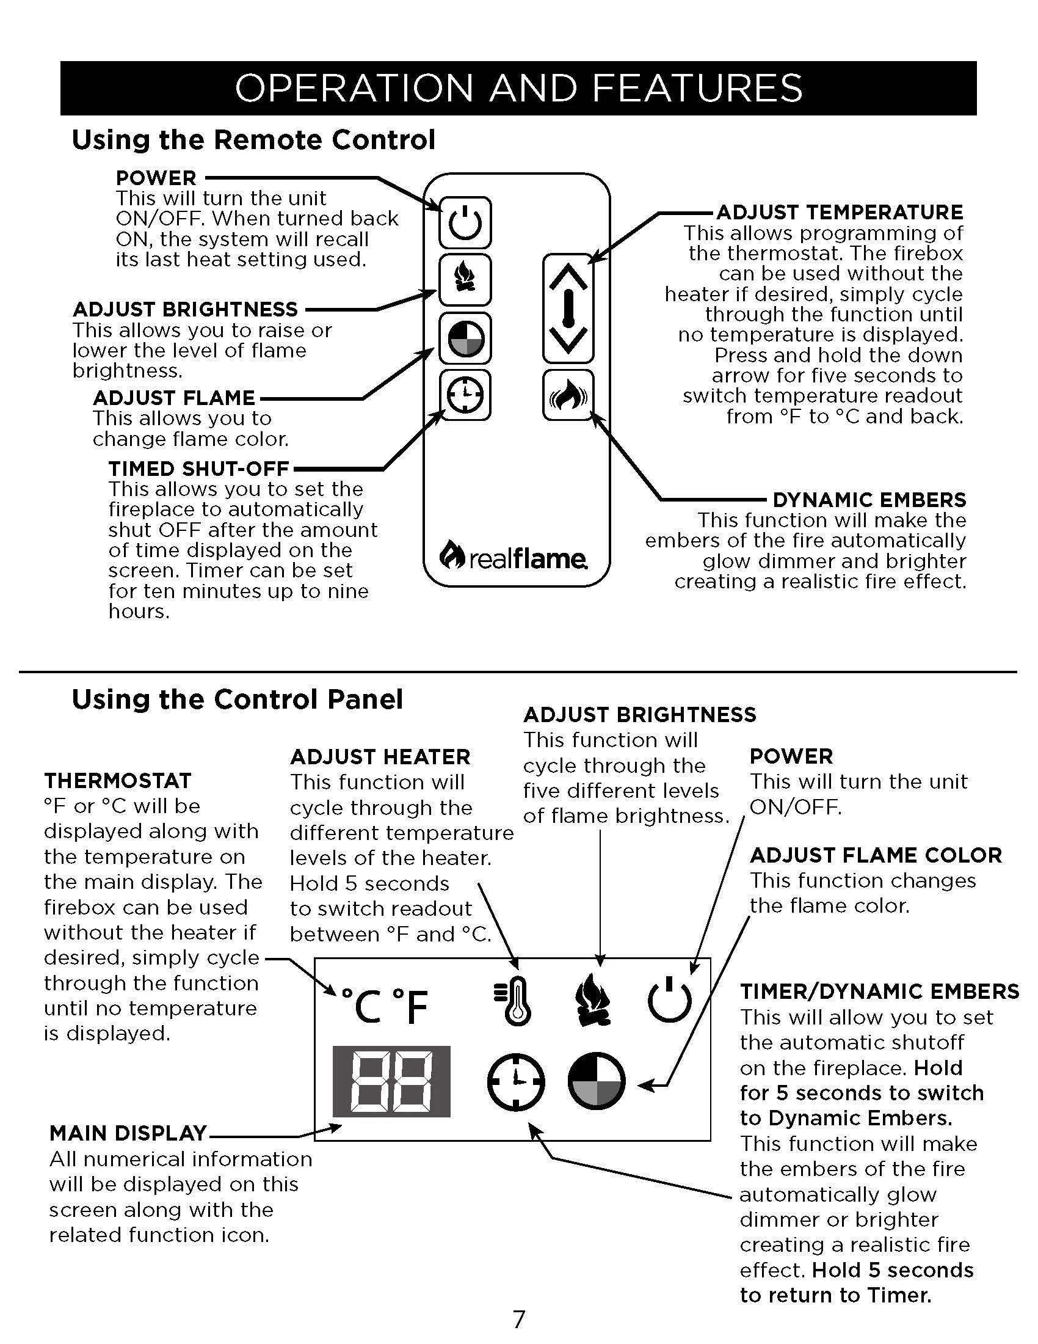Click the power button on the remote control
[465, 222]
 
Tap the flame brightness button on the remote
[465, 279]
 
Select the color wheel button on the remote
[465, 338]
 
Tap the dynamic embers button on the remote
[568, 395]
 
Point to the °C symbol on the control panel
[361, 1006]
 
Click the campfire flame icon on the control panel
[592, 999]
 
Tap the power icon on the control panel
[669, 999]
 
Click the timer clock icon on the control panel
[516, 1081]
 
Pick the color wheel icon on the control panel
[596, 1081]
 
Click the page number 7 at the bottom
[519, 1320]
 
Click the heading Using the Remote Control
[253, 140]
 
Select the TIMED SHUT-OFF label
[198, 469]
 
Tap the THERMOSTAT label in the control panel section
[117, 780]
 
